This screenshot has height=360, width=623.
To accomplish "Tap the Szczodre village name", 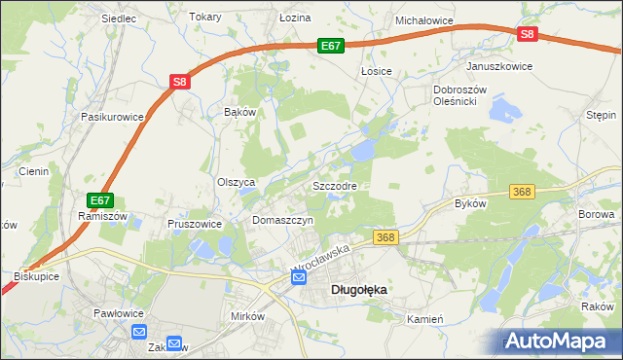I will tap(335, 185).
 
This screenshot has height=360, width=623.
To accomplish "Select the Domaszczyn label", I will tap(282, 221).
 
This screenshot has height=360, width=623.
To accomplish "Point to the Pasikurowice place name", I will tap(113, 117).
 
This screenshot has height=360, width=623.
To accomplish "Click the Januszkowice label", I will tap(499, 66).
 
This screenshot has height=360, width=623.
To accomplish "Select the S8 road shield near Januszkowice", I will tap(527, 34).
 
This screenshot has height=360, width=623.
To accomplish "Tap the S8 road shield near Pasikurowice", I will tap(180, 83).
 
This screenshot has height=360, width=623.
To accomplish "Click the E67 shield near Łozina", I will tap(331, 45).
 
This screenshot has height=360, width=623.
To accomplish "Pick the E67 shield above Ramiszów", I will tap(95, 200).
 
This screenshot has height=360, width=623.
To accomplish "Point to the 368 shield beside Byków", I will tap(522, 193).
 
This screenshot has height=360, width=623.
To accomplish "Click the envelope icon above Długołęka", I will tap(299, 278).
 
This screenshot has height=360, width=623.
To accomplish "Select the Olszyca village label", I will tap(236, 182).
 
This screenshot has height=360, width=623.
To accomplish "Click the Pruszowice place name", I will tap(196, 223).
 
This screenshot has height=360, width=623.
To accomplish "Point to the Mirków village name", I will tap(247, 317).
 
